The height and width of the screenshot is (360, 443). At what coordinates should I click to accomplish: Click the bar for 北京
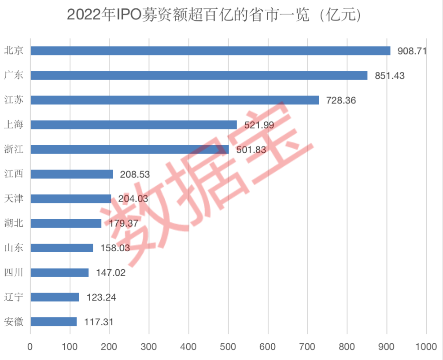210,51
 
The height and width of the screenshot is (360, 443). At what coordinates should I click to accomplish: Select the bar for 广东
199,75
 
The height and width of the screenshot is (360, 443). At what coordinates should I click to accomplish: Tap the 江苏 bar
174,100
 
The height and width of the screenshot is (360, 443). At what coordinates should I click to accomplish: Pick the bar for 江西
71,174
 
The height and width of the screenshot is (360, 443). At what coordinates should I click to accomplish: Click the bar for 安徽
53,322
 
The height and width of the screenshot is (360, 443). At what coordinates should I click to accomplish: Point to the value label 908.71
412,51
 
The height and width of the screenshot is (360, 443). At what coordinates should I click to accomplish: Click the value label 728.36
341,100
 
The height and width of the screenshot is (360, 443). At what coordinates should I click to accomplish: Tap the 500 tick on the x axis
228,347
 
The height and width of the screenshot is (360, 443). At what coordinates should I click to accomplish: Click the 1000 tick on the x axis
426,347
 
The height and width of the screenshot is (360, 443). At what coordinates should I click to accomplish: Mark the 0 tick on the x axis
30,347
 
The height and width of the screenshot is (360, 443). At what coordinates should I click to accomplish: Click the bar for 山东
62,248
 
